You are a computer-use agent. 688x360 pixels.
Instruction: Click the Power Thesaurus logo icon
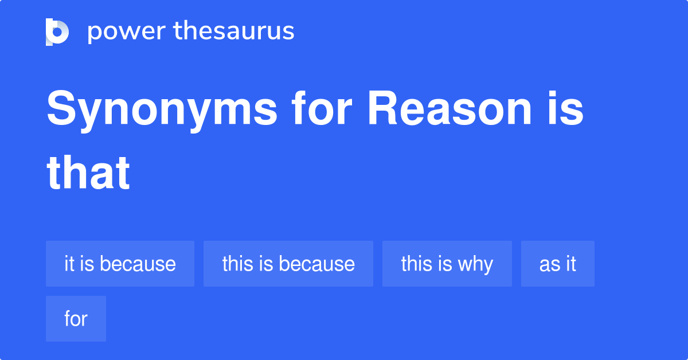point(57,32)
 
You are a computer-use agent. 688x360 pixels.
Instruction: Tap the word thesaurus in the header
point(234,32)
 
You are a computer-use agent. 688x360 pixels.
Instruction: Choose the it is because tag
point(120,264)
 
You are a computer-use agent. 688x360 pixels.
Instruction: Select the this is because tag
point(288,264)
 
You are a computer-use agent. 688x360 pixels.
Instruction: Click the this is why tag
point(447,264)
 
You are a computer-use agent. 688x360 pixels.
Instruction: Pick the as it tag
point(557,264)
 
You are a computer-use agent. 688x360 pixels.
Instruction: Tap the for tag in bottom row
point(76,319)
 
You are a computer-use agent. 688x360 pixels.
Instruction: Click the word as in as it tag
point(548,264)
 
